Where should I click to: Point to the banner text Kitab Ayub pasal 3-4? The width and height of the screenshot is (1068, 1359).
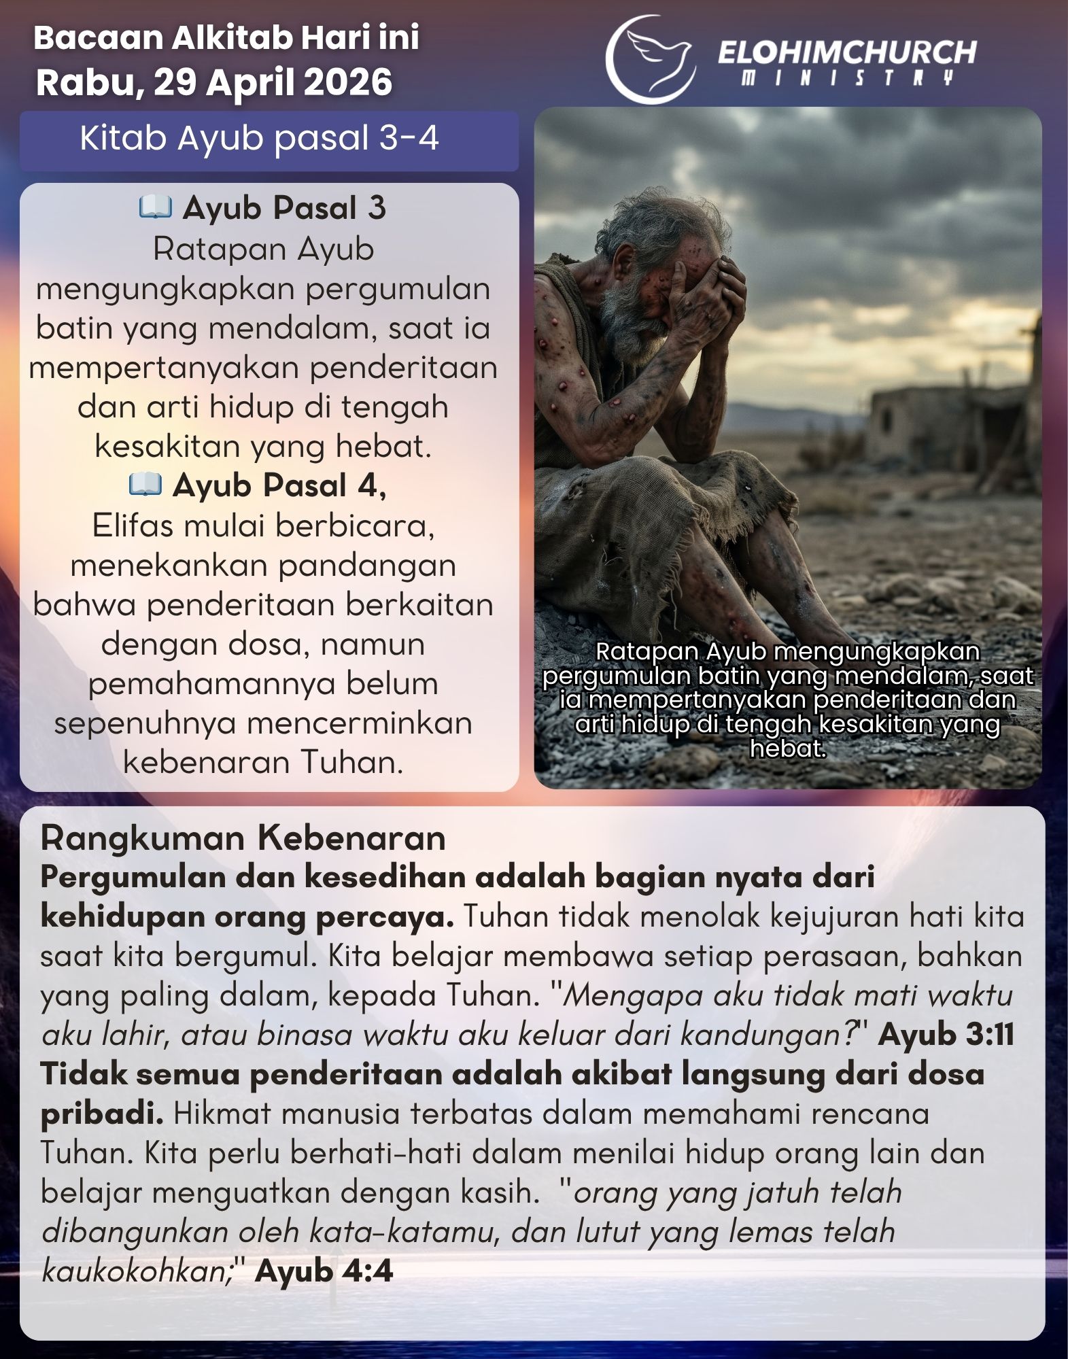(259, 138)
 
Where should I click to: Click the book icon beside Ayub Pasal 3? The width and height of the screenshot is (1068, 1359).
(155, 207)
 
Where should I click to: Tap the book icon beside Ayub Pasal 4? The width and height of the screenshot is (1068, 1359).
(145, 485)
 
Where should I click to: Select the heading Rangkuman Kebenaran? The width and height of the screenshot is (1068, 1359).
(243, 838)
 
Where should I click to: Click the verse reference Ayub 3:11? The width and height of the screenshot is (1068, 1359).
(946, 1035)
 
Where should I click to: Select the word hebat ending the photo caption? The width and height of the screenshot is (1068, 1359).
(787, 749)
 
